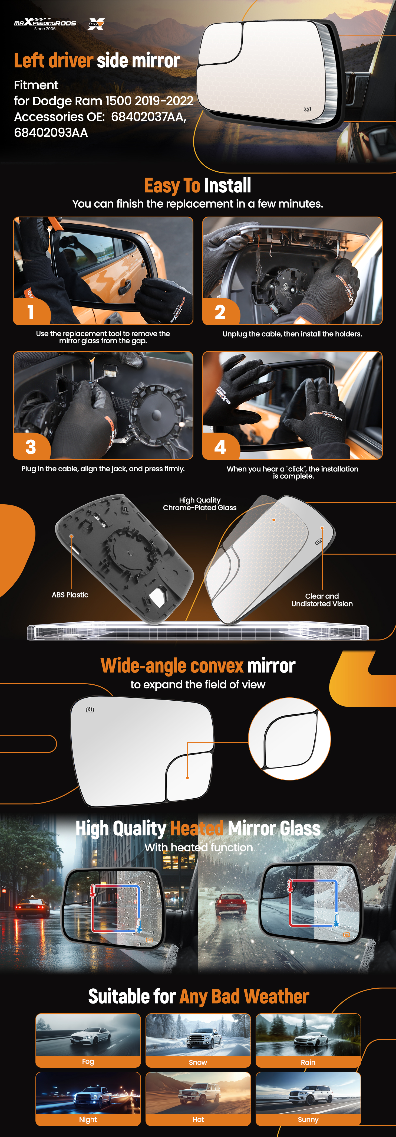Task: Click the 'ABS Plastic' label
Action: coord(70,595)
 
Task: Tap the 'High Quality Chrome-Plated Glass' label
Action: coord(200,504)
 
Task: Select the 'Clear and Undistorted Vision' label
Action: coord(322,600)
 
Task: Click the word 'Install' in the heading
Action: coord(227,185)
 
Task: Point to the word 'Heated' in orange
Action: coord(197,828)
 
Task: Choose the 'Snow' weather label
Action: coord(198,1062)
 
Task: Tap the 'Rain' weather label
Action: coord(308,1062)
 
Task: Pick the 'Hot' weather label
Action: coord(198,1120)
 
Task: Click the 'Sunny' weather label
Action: coord(308,1120)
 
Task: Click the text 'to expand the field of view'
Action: coord(198,685)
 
